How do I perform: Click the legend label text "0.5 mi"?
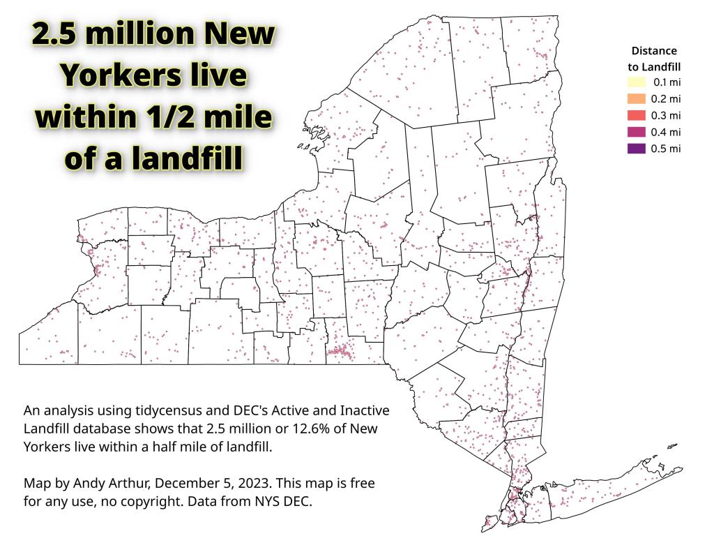point(666,149)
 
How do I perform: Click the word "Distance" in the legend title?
point(654,51)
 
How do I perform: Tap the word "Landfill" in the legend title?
point(661,67)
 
